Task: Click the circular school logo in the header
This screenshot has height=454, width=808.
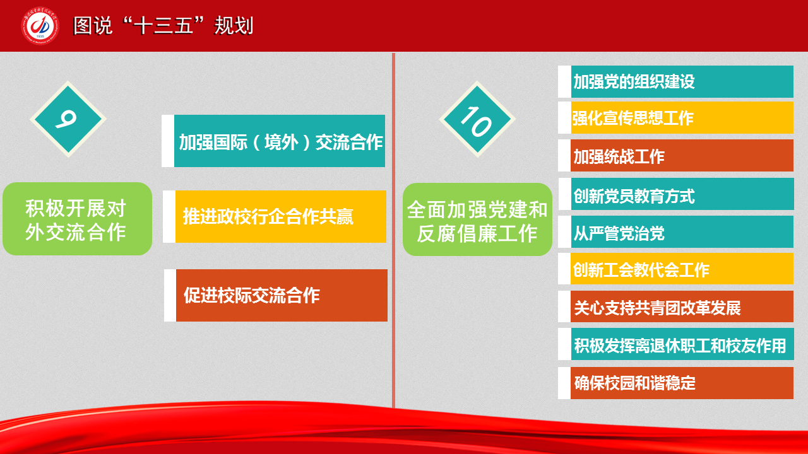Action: point(40,26)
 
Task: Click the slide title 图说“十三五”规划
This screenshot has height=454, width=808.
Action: point(163,26)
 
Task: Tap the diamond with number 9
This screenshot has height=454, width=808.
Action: point(68,119)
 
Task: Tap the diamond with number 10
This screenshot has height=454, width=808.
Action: point(477,119)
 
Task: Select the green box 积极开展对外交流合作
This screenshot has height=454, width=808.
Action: point(77,219)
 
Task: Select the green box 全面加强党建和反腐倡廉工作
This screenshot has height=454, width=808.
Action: point(477,219)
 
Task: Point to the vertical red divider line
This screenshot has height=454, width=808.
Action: point(393,231)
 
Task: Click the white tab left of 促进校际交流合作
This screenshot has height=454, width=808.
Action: point(170,295)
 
